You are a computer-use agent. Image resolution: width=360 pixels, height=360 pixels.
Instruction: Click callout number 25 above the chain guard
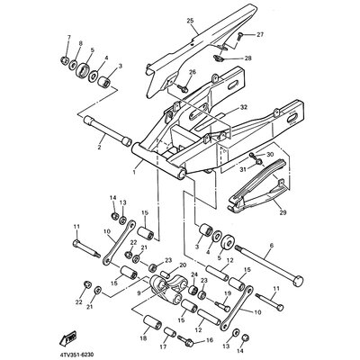tap(190, 20)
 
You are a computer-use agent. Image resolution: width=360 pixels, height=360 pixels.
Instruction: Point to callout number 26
tap(193, 72)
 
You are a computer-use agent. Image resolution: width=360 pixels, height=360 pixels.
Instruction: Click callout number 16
tap(211, 343)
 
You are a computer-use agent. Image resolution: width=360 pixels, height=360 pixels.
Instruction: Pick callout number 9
tap(138, 293)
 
